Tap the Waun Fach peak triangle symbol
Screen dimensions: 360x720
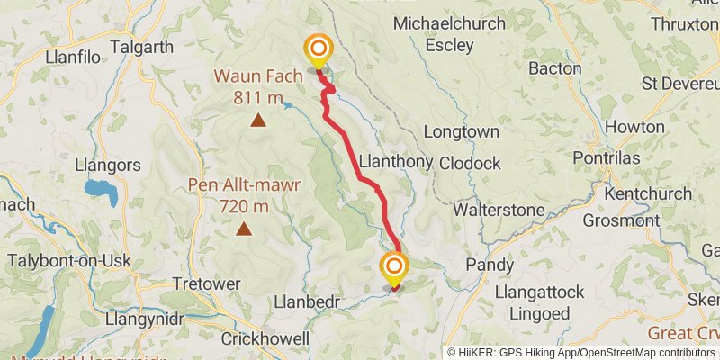coord(258,120)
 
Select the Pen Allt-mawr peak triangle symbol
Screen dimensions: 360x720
coord(243,229)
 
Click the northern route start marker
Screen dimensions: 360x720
coord(319,50)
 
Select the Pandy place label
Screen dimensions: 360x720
coord(490,265)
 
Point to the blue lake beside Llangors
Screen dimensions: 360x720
coord(95,189)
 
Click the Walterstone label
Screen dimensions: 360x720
coord(499,210)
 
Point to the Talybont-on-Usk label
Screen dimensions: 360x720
coord(70,261)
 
